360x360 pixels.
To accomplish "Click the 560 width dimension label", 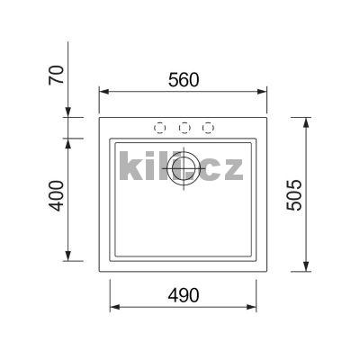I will tap(183, 79).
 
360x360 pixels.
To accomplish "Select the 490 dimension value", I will tap(183, 295).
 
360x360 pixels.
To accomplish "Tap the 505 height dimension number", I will tap(294, 194).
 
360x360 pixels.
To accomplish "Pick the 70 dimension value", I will tap(56, 77).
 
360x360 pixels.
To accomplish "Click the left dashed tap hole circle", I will tap(161, 128).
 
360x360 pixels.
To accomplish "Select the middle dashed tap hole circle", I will tap(184, 128).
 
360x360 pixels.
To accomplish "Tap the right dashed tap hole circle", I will tap(208, 128).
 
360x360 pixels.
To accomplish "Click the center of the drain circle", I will tap(185, 168).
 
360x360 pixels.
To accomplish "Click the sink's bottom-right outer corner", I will tap(268, 269).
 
